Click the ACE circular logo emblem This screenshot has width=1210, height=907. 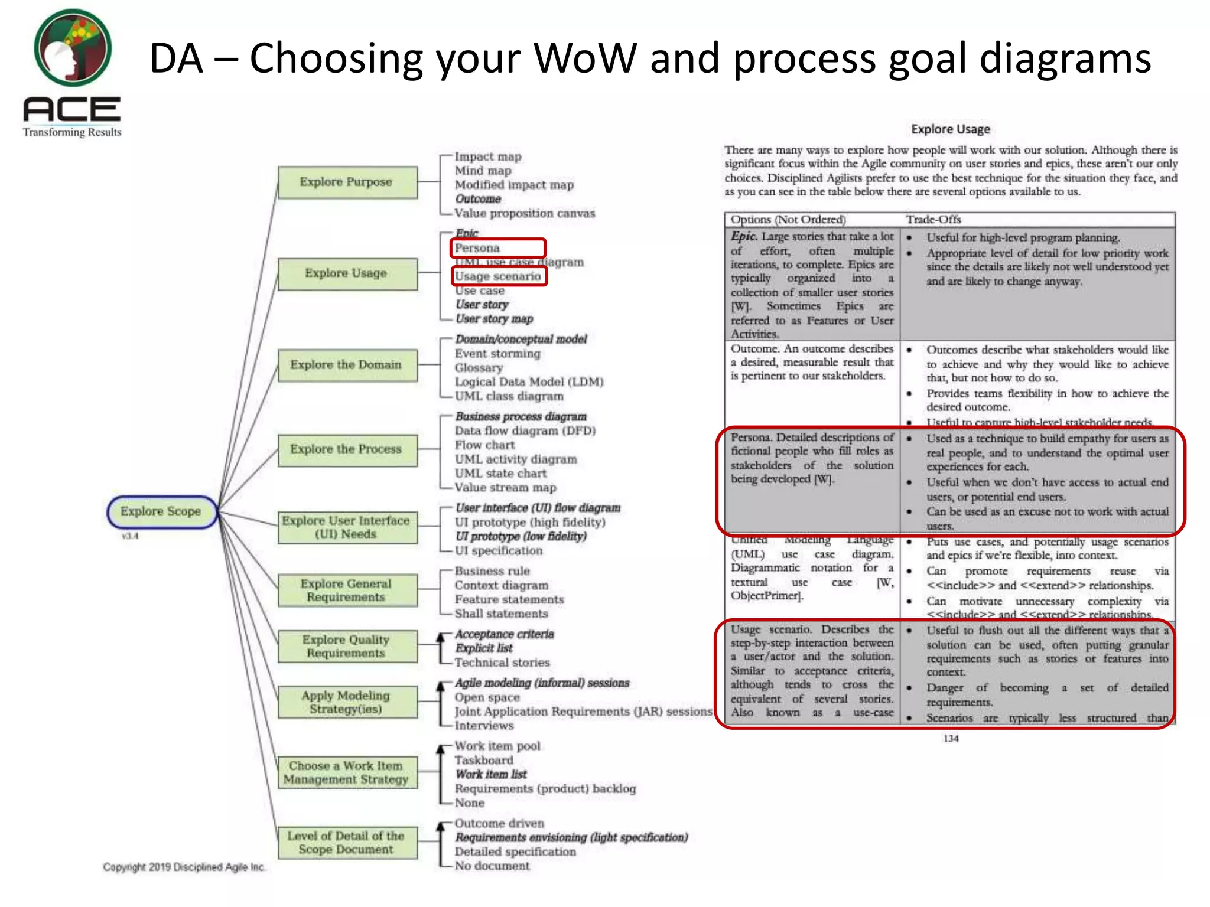(x=73, y=48)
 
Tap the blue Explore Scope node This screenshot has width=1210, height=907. (x=161, y=511)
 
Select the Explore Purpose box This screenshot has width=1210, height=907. (x=347, y=182)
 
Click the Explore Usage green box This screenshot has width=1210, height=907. (x=347, y=273)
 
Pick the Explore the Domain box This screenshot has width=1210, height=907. (x=347, y=365)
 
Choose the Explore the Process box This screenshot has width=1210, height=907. (x=347, y=449)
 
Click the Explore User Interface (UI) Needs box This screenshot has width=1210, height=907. (x=347, y=527)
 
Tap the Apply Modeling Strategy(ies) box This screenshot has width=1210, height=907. (x=347, y=702)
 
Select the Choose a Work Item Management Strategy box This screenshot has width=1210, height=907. (x=347, y=772)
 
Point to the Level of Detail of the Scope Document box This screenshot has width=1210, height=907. (x=347, y=843)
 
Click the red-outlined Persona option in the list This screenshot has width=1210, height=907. (x=498, y=248)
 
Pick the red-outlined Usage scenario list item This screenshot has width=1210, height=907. (x=499, y=276)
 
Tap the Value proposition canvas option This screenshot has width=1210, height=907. (x=525, y=213)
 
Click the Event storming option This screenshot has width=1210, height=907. (x=497, y=354)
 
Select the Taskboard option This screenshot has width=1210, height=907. (x=484, y=761)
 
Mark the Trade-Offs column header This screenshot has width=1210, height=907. (x=933, y=220)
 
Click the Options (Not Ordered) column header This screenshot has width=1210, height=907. (x=788, y=220)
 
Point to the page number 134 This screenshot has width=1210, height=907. (x=951, y=739)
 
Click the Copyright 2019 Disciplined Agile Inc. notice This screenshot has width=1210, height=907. (x=184, y=867)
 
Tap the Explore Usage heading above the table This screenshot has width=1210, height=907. (x=950, y=129)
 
